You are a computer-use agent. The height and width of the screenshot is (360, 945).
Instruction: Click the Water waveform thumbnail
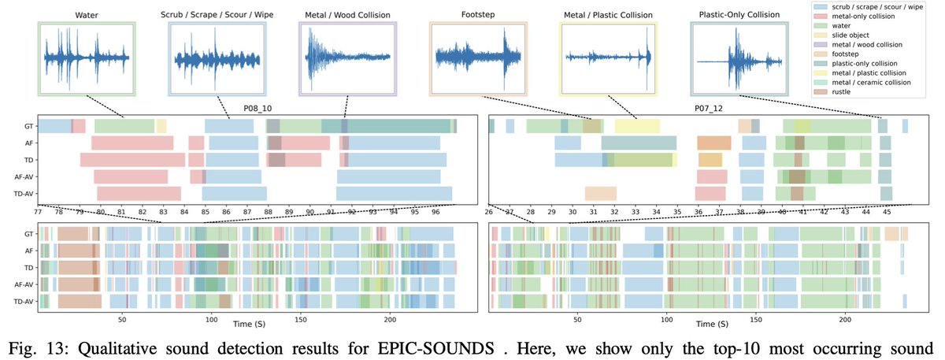pyautogui.click(x=87, y=59)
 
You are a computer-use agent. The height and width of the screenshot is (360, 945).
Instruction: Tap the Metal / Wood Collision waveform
pyautogui.click(x=347, y=59)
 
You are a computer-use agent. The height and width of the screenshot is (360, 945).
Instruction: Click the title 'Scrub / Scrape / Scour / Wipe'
pyautogui.click(x=217, y=14)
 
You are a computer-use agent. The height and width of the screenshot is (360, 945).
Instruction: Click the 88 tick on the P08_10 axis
pyautogui.click(x=269, y=211)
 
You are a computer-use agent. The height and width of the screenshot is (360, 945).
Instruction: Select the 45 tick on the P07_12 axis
pyautogui.click(x=886, y=211)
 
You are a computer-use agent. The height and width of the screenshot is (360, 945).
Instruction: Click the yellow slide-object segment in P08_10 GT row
pyautogui.click(x=161, y=125)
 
